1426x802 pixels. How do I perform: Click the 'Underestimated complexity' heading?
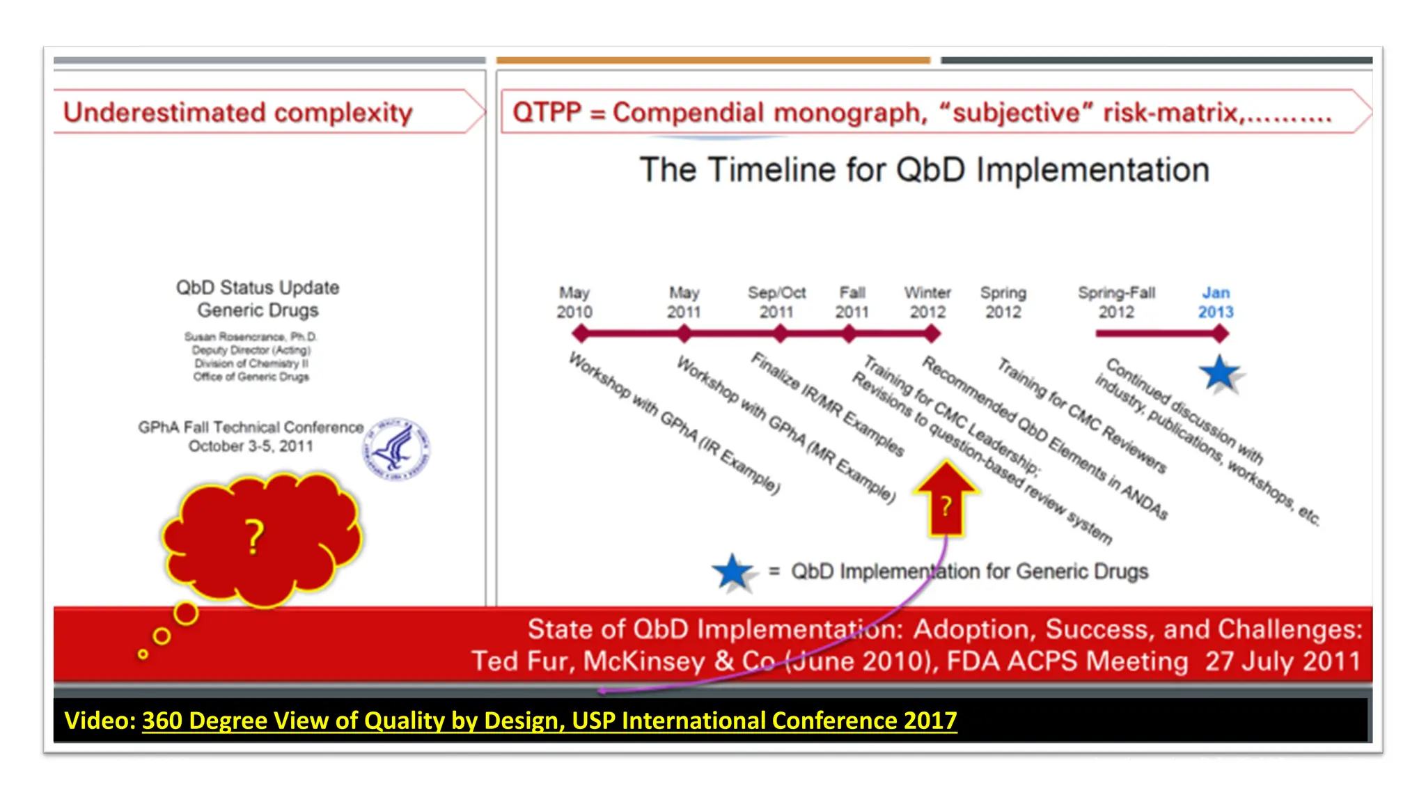pos(237,112)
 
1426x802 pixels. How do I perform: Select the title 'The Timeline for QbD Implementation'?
pos(924,170)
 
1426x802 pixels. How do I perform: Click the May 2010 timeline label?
pos(574,302)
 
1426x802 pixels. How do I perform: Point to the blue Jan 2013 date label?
pos(1215,302)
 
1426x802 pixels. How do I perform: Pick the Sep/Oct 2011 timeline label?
pos(776,302)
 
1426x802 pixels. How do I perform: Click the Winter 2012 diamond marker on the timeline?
pos(932,334)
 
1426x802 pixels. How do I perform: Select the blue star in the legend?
pos(732,572)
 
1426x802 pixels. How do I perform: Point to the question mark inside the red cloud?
pos(255,537)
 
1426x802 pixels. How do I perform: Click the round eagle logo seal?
pos(395,449)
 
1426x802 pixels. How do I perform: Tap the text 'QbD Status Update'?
pos(258,288)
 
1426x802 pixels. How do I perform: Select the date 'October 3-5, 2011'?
pos(251,446)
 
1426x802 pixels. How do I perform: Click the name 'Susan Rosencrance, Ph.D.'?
pos(251,337)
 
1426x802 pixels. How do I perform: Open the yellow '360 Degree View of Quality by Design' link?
pos(549,720)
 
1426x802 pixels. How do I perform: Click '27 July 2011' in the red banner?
pos(1282,661)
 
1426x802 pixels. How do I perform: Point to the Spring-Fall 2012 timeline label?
pos(1116,302)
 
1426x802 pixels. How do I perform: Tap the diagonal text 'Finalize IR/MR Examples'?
pos(827,404)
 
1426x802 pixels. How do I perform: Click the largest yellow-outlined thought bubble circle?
pos(186,613)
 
